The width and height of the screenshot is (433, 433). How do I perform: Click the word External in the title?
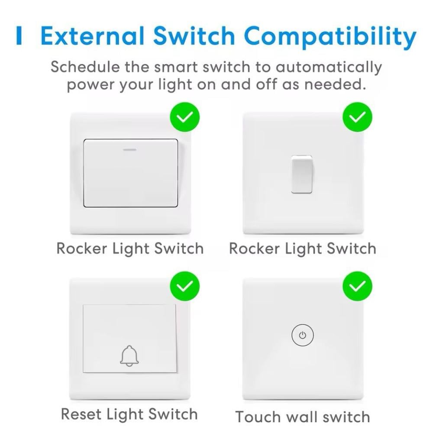(93, 36)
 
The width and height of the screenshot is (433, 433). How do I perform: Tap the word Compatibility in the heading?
(330, 38)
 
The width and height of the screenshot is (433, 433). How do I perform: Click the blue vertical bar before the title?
(19, 36)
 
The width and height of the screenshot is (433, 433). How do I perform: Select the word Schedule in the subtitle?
(85, 67)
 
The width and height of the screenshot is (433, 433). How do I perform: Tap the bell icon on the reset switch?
(129, 356)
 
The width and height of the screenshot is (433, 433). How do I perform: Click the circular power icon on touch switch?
(303, 335)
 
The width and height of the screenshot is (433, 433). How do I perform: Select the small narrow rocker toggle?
(302, 174)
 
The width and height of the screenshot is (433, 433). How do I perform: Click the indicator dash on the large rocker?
(129, 150)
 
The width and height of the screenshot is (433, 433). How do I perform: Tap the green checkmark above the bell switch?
(185, 286)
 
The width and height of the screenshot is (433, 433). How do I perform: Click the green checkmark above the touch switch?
(357, 286)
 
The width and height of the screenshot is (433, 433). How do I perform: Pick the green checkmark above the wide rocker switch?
(185, 117)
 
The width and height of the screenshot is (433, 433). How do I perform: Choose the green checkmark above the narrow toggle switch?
(357, 117)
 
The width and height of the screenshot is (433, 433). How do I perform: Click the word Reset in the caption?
(81, 414)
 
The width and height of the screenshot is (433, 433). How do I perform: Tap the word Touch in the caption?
(257, 417)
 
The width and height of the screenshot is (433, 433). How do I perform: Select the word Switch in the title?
(194, 36)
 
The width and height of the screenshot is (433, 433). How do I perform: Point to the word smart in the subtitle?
(176, 68)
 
